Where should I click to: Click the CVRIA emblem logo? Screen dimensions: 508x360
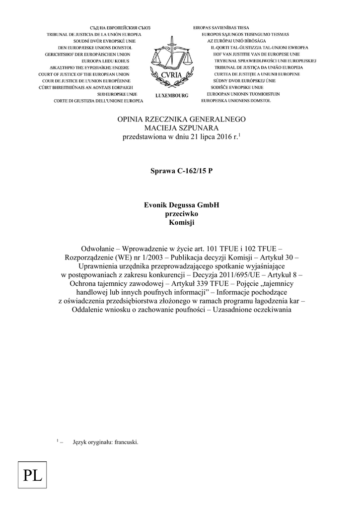171,63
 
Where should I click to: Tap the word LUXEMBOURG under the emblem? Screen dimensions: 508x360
172,95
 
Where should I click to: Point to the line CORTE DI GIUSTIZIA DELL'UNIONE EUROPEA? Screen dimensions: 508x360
98,101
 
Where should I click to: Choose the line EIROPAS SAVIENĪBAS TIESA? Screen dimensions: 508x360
221,27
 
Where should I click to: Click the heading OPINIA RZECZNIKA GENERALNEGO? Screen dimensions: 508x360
181,120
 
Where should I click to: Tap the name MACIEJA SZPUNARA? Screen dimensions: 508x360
181,128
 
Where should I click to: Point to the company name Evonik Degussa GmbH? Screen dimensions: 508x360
181,205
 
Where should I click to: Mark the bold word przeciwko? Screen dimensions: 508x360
181,214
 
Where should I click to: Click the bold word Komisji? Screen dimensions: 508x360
181,223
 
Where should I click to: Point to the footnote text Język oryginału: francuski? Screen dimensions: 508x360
105,442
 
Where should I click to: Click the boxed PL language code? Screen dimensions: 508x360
32,478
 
